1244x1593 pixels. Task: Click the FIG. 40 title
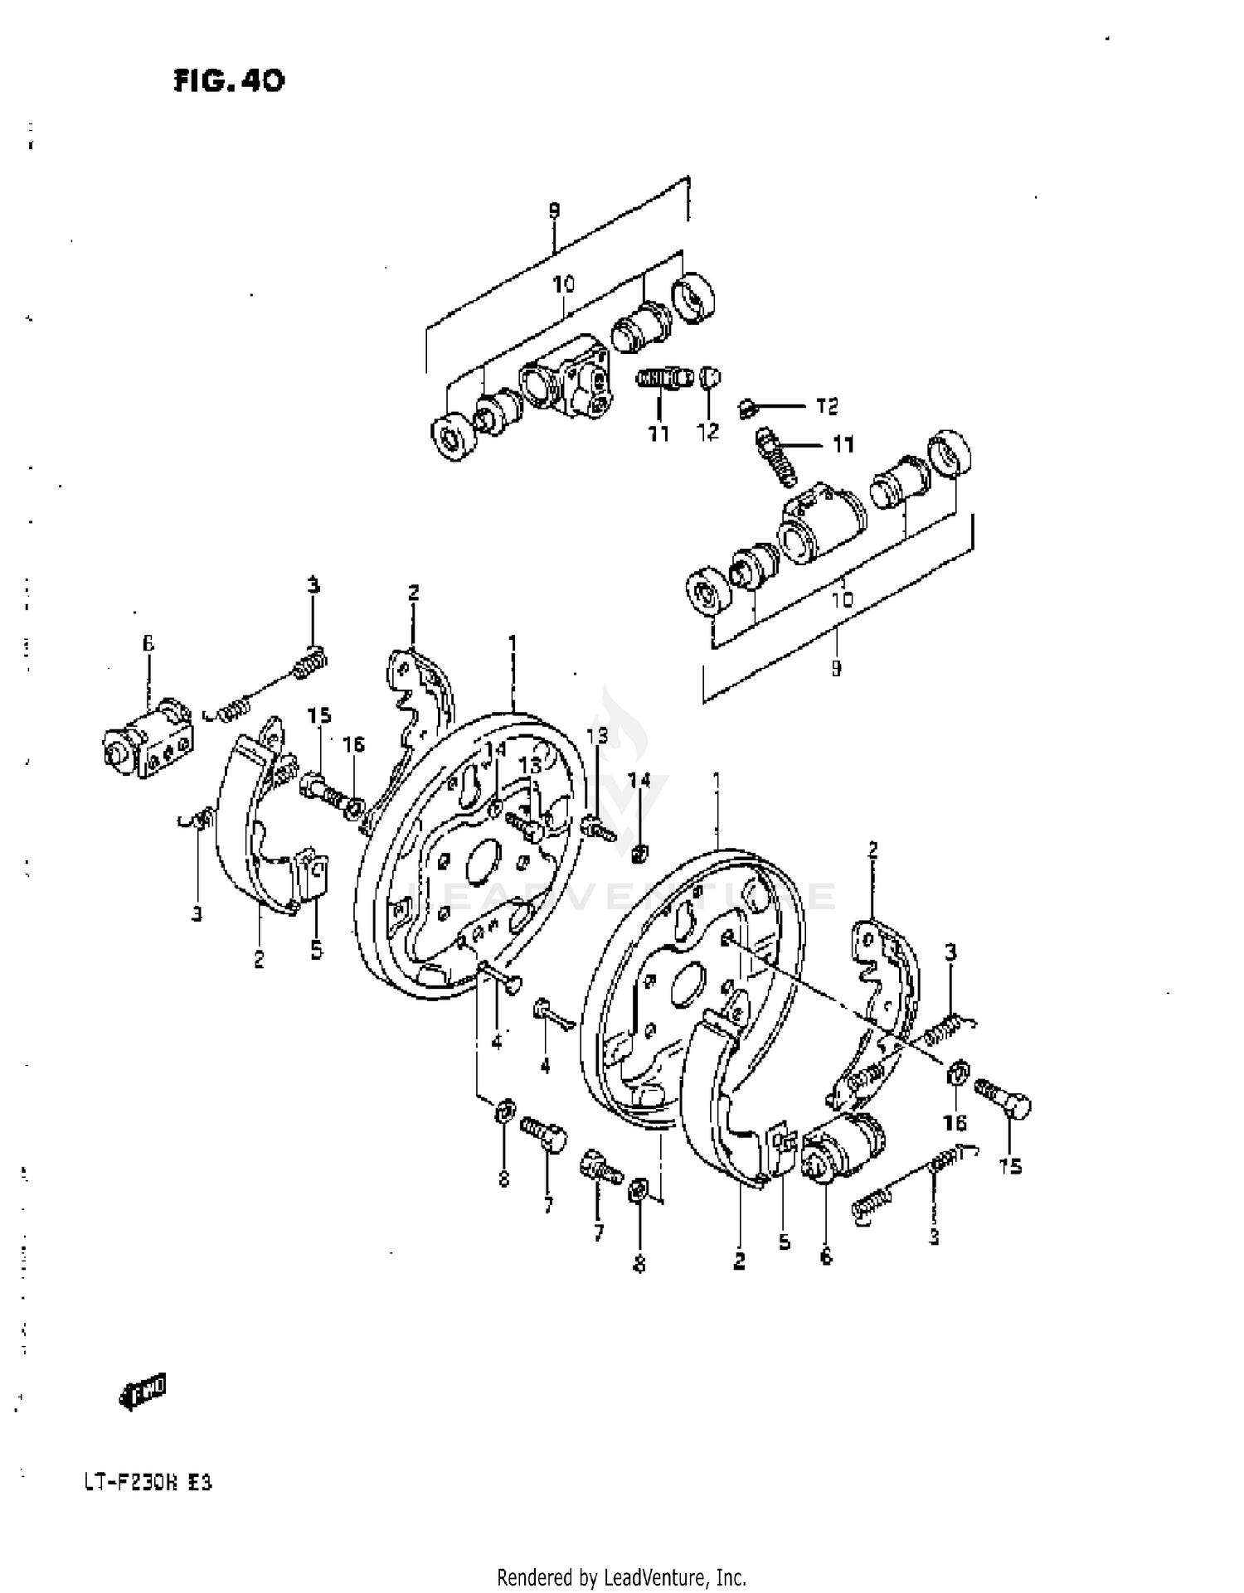(229, 80)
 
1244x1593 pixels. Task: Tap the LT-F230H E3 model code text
(148, 1482)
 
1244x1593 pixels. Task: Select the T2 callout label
(826, 406)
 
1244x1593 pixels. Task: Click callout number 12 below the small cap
(707, 432)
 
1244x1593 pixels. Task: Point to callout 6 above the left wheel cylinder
(148, 644)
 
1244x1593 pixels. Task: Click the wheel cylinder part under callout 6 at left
(148, 738)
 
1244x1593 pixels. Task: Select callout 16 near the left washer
(353, 745)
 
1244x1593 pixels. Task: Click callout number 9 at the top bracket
(554, 211)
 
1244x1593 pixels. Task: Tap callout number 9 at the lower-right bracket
(836, 667)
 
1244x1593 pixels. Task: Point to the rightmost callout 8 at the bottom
(639, 1265)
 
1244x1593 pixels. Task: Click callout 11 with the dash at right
(843, 445)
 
